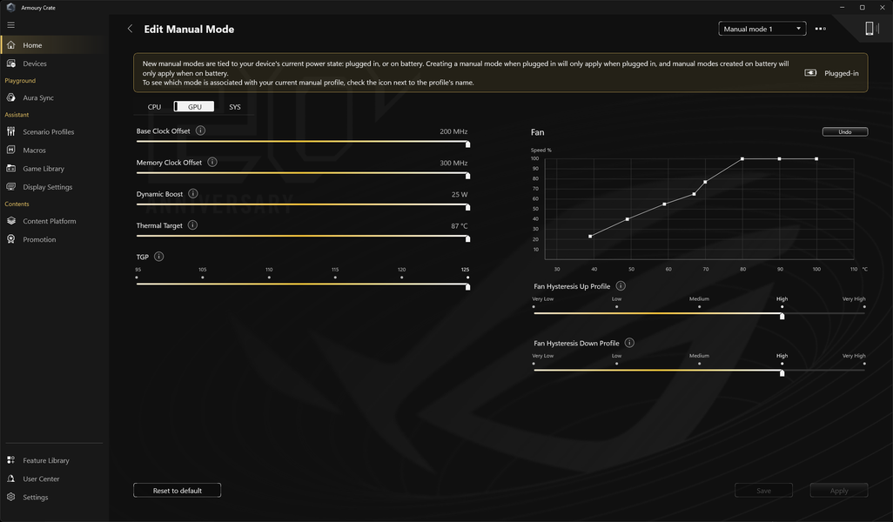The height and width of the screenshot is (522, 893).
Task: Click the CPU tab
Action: (x=154, y=107)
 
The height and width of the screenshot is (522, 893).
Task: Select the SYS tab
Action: (x=235, y=107)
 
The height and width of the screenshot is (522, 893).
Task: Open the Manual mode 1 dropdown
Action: (x=762, y=29)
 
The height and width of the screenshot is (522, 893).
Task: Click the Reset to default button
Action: (x=177, y=491)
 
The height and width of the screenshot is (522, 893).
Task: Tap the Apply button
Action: (x=839, y=491)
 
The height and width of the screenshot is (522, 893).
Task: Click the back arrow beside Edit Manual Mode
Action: (x=130, y=29)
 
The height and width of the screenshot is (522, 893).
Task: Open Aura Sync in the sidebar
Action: (x=38, y=98)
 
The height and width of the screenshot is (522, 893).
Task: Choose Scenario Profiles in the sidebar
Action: (x=49, y=132)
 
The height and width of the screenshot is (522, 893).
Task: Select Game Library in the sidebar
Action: (x=44, y=169)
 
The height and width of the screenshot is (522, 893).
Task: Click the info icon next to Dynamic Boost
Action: (x=193, y=193)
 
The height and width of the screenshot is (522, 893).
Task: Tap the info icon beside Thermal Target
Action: (x=192, y=224)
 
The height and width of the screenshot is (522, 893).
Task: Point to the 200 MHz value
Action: (x=453, y=131)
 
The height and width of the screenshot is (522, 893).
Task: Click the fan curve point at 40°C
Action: (x=590, y=237)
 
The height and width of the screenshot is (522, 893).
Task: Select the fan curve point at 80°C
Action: (x=742, y=159)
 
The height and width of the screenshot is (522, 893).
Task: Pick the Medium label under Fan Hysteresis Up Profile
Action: (x=699, y=299)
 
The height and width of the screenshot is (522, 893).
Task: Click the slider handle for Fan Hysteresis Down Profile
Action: (x=782, y=373)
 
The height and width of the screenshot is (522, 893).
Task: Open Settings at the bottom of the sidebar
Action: (x=36, y=498)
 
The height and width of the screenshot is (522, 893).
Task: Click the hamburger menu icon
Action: (x=10, y=25)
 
